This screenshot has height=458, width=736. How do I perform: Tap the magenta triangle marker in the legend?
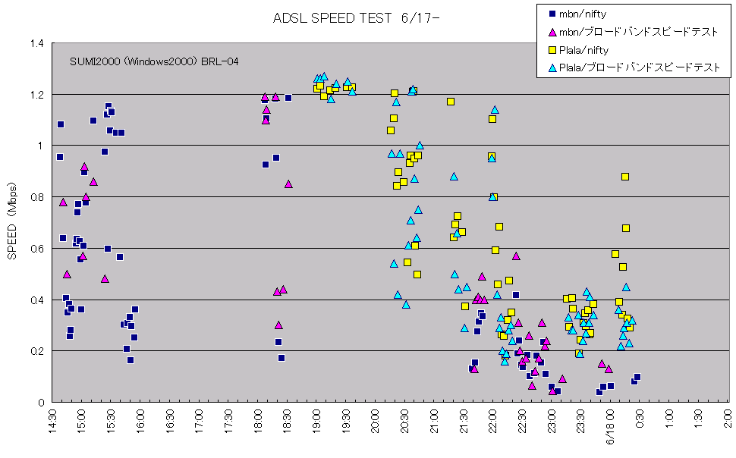[x=552, y=32]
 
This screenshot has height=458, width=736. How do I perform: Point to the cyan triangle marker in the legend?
[x=552, y=68]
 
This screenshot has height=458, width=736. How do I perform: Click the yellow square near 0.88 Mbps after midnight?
[x=625, y=177]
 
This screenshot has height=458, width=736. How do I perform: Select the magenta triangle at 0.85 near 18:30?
[x=288, y=184]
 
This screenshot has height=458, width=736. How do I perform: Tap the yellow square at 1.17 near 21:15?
[x=451, y=102]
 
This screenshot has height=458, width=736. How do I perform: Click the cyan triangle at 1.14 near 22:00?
[x=495, y=110]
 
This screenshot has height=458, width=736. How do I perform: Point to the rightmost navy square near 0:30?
[x=637, y=377]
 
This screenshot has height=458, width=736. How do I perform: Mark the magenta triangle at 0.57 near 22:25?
[x=516, y=256]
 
